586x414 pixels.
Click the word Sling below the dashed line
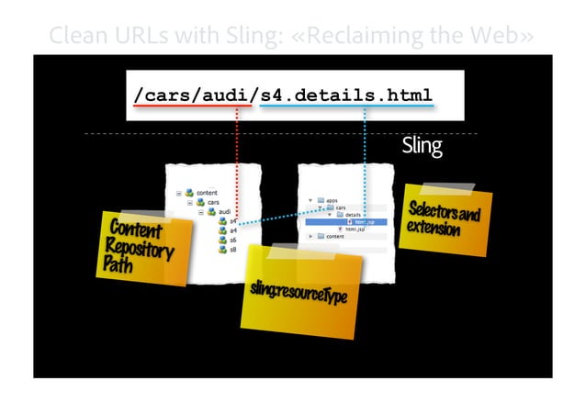pos(422,146)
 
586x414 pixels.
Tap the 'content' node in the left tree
pos(206,192)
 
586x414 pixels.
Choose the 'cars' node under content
pos(212,202)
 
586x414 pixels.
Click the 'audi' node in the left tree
pos(223,212)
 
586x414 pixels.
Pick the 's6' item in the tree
pos(232,240)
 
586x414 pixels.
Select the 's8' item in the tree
pos(232,249)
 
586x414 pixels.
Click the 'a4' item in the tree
pos(232,230)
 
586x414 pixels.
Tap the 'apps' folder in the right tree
pos(332,199)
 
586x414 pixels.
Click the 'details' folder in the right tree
pos(352,215)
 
